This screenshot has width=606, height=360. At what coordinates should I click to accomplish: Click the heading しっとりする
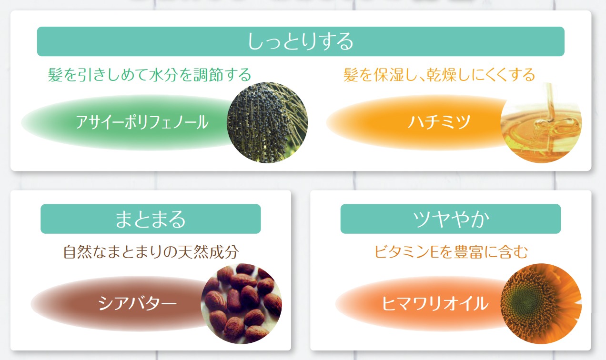coord(301,41)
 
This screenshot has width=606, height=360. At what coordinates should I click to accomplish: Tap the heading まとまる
coord(151,219)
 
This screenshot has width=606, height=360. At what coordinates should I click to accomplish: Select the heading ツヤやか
coord(451,219)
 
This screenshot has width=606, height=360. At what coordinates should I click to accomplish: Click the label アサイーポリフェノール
coord(142,122)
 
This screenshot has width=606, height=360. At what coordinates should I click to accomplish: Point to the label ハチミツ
coord(439,122)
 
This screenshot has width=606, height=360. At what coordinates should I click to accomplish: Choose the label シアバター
coord(137,303)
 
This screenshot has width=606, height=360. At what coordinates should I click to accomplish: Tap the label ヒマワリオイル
coord(435,303)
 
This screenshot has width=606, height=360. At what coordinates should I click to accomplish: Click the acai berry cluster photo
coord(267,122)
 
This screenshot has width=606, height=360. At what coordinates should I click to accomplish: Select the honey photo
coord(541,122)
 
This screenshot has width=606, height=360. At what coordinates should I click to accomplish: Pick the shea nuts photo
coord(242,303)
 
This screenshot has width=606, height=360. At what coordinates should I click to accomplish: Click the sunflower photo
coord(541,303)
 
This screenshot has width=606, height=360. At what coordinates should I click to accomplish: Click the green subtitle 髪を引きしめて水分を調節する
coord(150,75)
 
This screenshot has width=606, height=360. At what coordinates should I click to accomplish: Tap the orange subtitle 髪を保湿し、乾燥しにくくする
coord(439,75)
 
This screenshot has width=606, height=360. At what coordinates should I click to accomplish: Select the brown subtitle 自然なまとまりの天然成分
coord(151,252)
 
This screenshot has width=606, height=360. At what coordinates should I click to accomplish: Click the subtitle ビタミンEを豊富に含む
coord(451,252)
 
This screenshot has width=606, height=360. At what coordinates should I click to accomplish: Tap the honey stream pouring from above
coord(550,102)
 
